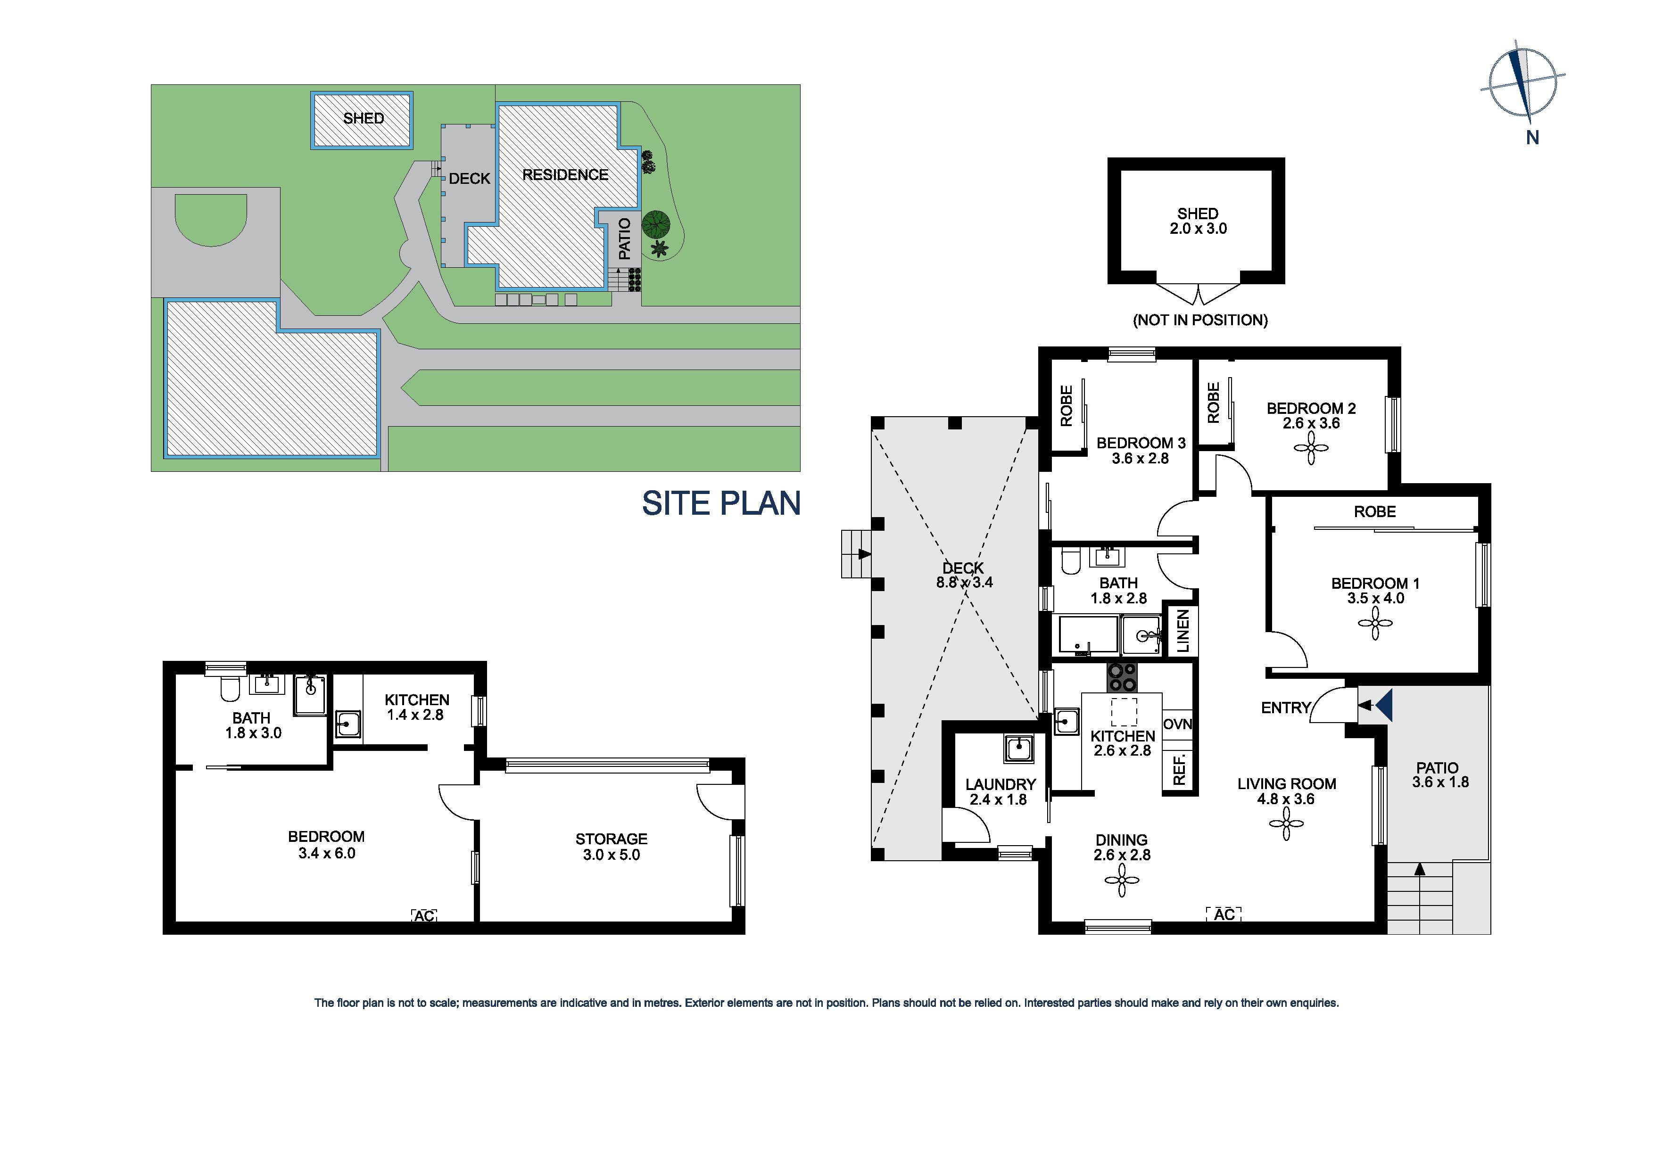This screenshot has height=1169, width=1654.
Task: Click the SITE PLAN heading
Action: tap(721, 503)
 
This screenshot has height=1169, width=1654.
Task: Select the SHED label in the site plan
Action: tap(363, 118)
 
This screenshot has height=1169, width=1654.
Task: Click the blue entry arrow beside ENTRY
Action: tap(1384, 705)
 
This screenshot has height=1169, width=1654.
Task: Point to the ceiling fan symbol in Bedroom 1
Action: tap(1374, 623)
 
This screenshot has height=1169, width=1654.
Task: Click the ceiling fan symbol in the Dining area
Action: tap(1122, 880)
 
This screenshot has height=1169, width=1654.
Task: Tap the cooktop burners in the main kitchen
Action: tap(1122, 677)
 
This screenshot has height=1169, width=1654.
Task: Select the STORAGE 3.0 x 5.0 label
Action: tap(611, 847)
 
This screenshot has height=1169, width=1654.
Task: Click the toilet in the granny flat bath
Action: tap(230, 689)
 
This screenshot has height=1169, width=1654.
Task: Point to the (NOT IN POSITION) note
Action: tap(1200, 320)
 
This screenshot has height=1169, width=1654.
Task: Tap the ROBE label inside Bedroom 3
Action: tap(1067, 405)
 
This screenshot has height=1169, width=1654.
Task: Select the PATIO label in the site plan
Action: tap(625, 239)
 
